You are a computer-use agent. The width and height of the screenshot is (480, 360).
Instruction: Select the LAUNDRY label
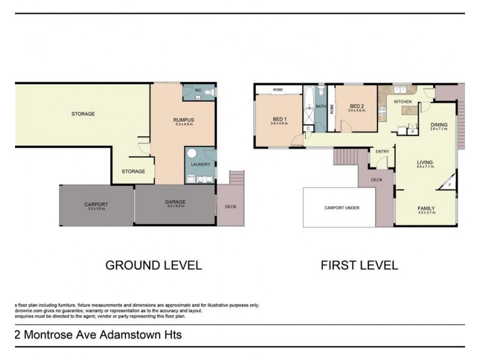200,164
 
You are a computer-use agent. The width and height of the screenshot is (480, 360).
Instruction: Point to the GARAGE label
175,202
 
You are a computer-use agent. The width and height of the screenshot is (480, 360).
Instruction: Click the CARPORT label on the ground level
96,205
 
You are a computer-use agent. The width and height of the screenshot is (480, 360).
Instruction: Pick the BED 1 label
279,119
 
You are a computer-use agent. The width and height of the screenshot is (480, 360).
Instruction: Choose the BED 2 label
356,106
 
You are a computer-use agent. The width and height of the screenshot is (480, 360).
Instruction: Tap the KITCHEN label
403,102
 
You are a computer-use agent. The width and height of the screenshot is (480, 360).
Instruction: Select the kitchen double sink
403,89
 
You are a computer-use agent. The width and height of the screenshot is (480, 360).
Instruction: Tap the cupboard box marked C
308,128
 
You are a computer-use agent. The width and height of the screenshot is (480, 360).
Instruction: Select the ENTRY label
382,151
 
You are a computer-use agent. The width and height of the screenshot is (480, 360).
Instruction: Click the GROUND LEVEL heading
154,265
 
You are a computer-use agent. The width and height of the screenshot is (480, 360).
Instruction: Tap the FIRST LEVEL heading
359,265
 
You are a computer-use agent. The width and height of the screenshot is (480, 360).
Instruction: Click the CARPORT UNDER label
341,208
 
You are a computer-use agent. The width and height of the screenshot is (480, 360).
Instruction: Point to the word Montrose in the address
48,335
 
